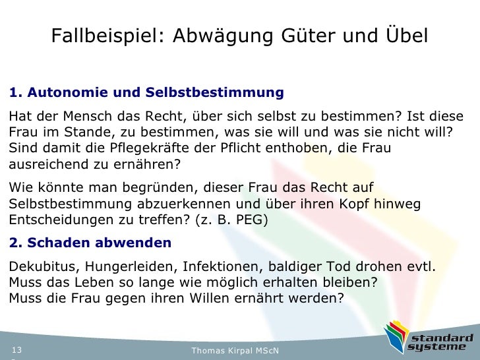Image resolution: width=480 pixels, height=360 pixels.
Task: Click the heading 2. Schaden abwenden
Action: click(x=90, y=243)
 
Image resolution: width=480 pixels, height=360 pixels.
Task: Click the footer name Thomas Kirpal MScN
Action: click(x=235, y=350)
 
